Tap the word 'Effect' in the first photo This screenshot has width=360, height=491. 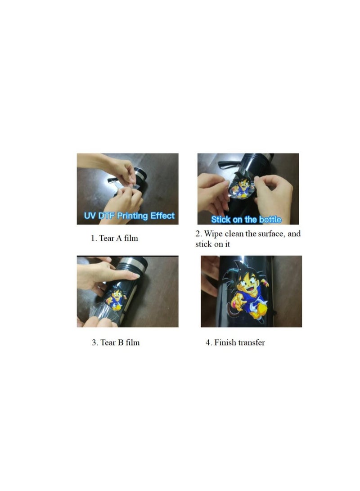click(x=162, y=216)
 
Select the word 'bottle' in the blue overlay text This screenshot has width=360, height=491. click(x=270, y=220)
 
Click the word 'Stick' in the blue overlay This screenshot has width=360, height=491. click(x=221, y=220)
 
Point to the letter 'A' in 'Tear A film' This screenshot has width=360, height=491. click(x=120, y=239)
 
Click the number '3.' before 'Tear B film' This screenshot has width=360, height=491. click(x=95, y=342)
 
